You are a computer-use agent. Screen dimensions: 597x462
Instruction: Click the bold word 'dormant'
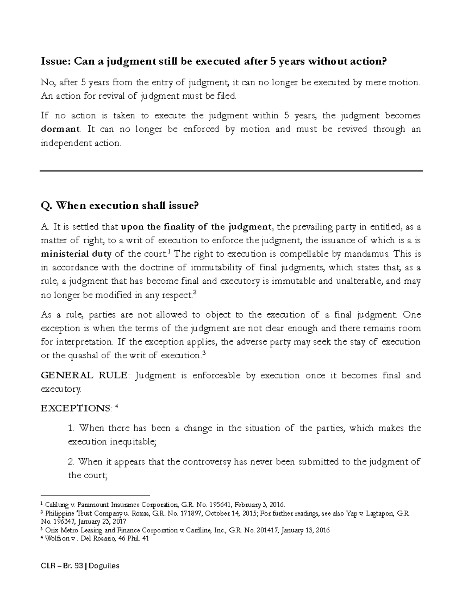point(60,129)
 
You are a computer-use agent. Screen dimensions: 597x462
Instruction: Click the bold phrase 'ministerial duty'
point(76,254)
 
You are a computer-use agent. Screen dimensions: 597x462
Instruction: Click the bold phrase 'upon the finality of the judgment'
point(196,227)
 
